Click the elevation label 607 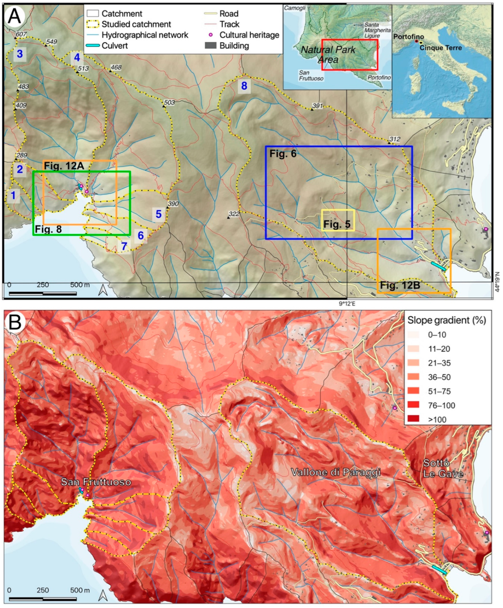click(x=21, y=34)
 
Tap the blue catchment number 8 click(x=244, y=86)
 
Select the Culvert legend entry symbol click(x=93, y=46)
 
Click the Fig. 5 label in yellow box click(x=337, y=224)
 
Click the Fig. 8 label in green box click(x=48, y=229)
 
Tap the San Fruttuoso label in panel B click(x=96, y=482)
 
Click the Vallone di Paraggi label click(x=336, y=472)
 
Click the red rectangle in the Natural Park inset click(x=349, y=55)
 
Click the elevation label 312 click(x=394, y=140)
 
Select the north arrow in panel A click(x=103, y=290)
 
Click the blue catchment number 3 click(x=20, y=54)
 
